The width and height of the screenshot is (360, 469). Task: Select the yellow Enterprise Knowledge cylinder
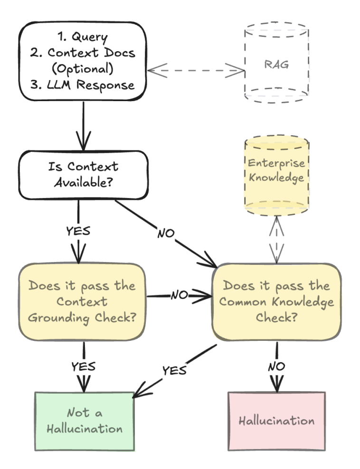(276, 177)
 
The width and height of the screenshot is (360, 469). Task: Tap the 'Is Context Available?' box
(83, 175)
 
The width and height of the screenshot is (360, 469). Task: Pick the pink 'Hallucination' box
(276, 421)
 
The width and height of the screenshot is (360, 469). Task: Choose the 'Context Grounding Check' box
(82, 301)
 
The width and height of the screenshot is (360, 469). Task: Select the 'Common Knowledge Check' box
(276, 301)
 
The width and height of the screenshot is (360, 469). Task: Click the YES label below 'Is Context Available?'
(78, 231)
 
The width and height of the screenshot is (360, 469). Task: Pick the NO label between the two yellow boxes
(180, 295)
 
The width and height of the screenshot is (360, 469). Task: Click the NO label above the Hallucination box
(276, 366)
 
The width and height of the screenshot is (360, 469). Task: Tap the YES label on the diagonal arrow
(174, 370)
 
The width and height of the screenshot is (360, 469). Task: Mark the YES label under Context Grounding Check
(84, 366)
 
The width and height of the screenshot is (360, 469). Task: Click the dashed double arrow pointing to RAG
(195, 71)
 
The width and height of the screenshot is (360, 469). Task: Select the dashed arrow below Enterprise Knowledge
(276, 237)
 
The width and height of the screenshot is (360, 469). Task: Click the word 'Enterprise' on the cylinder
(276, 163)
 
